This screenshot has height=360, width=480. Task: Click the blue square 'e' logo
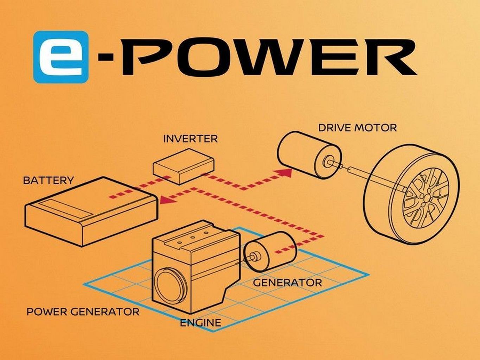pyautogui.click(x=61, y=57)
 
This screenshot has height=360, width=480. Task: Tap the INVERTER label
pyautogui.click(x=191, y=139)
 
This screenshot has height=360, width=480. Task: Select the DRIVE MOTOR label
pyautogui.click(x=357, y=128)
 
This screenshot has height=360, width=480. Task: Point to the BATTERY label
pyautogui.click(x=48, y=181)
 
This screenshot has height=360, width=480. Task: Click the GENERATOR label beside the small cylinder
pyautogui.click(x=287, y=283)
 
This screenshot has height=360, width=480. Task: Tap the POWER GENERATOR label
pyautogui.click(x=83, y=312)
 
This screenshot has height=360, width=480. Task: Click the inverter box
pyautogui.click(x=184, y=166)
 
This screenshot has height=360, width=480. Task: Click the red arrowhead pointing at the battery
pyautogui.click(x=167, y=199)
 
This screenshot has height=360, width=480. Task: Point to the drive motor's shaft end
pyautogui.click(x=328, y=161)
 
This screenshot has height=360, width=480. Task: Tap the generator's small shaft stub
pyautogui.click(x=255, y=256)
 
